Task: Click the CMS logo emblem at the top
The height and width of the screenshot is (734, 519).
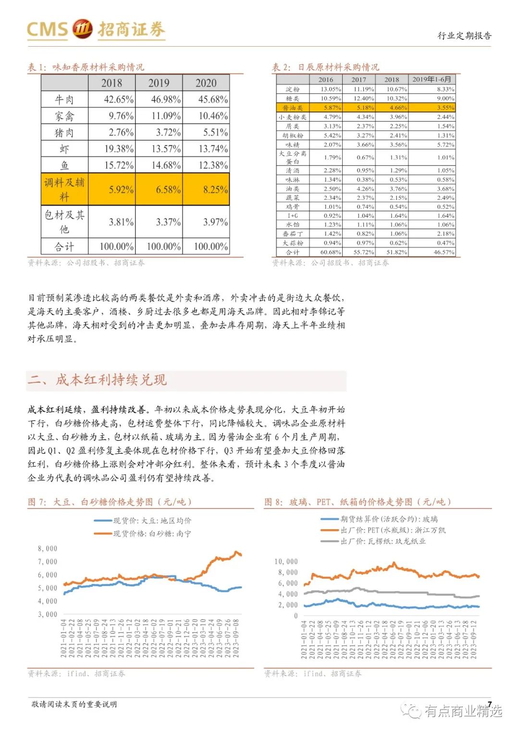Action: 82,28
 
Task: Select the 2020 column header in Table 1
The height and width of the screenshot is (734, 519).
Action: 206,83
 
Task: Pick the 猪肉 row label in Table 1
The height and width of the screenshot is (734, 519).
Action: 64,132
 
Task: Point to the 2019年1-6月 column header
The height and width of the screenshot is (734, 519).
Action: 432,79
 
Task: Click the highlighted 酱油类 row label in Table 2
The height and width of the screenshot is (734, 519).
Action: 293,108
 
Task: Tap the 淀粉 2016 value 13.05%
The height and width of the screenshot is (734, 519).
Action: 331,89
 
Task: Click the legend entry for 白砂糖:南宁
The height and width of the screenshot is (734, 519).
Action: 152,534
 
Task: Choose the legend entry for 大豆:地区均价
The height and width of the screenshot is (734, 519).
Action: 152,521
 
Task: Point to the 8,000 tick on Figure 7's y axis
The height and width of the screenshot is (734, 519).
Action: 48,548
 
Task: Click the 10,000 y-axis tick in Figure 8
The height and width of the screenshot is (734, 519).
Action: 286,561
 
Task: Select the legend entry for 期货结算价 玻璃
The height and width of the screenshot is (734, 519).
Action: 389,519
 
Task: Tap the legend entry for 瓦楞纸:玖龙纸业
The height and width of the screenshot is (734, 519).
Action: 383,541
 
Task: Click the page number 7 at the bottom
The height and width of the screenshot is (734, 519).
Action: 489,704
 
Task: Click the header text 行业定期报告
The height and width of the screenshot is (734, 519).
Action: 464,36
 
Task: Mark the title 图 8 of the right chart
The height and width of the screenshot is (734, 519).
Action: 358,502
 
